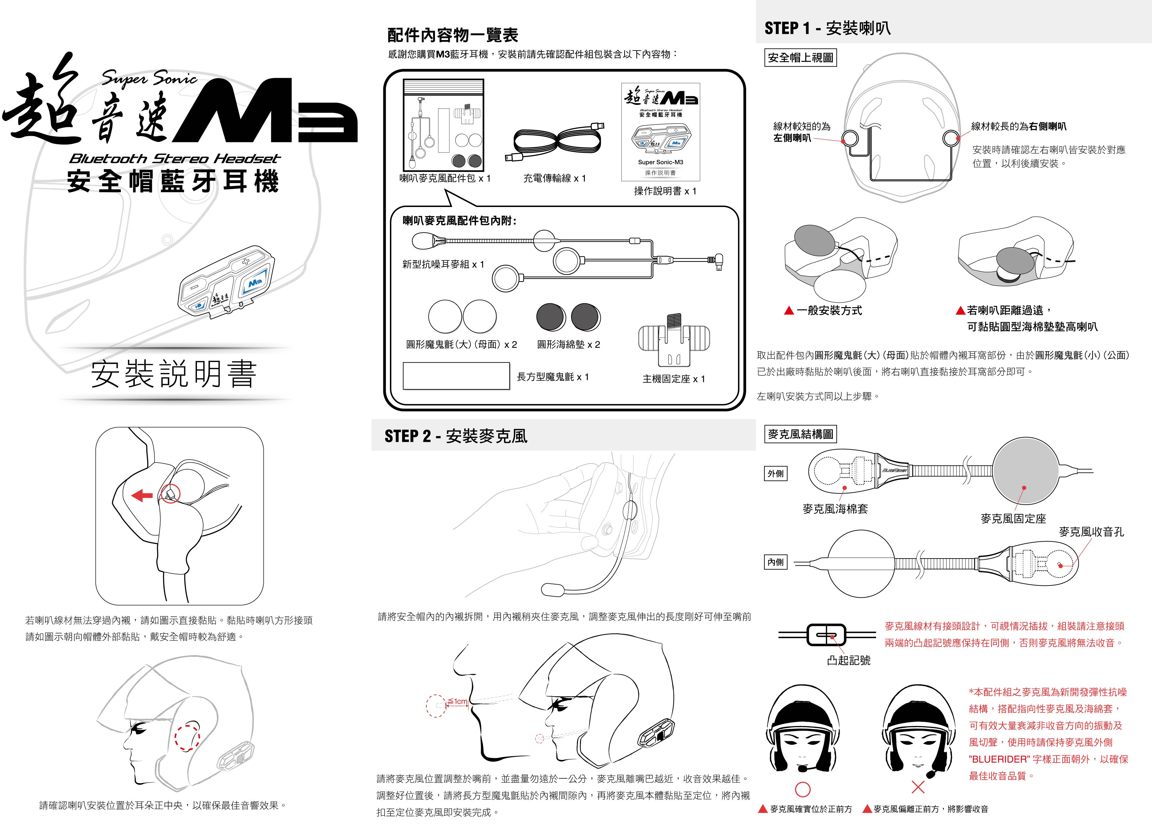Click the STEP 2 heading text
(x=456, y=436)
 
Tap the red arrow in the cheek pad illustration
(x=142, y=495)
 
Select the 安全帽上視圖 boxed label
(x=800, y=58)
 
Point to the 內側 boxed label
(x=775, y=562)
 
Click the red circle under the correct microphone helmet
(x=802, y=789)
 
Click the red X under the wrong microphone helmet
(x=918, y=787)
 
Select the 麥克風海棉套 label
(x=835, y=509)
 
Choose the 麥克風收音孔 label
(x=1091, y=532)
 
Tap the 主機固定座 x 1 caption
(x=674, y=379)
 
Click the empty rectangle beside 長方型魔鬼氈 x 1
(x=456, y=376)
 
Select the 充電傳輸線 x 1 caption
(x=554, y=178)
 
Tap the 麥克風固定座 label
(x=1013, y=518)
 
